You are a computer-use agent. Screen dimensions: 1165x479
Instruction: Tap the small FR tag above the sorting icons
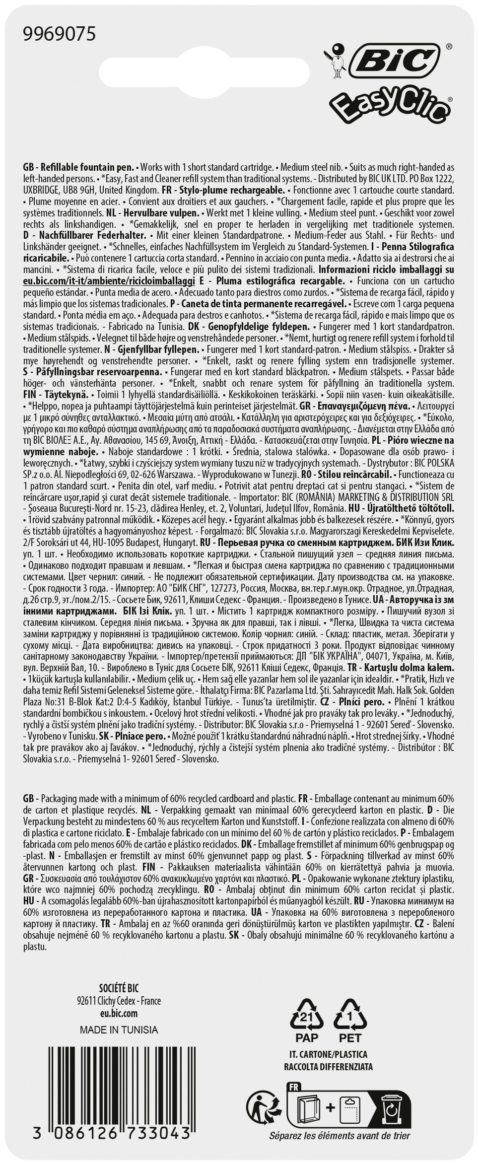tap(292, 1085)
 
